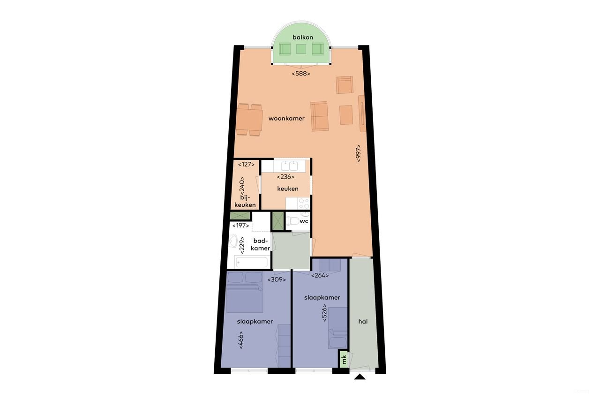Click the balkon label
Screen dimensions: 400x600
tap(302, 38)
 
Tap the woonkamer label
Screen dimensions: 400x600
tap(286, 119)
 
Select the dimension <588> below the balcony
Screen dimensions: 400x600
tap(301, 74)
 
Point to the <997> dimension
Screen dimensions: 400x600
tap(358, 153)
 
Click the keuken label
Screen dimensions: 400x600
tap(288, 189)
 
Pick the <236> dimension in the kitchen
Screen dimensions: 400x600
tap(285, 177)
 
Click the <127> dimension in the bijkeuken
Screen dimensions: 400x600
tap(246, 165)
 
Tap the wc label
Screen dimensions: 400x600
tap(304, 221)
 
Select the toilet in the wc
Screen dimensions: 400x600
tap(293, 222)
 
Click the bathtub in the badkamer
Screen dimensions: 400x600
tap(251, 262)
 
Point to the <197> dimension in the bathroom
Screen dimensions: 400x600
tap(240, 226)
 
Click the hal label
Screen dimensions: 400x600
tap(362, 322)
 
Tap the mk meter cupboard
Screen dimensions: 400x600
tap(344, 359)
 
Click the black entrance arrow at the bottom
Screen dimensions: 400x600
tap(360, 376)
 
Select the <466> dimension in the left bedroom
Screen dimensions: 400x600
tap(241, 340)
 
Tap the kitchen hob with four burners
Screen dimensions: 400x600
tap(304, 203)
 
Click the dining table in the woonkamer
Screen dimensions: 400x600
tap(249, 120)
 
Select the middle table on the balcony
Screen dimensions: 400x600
tap(301, 48)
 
